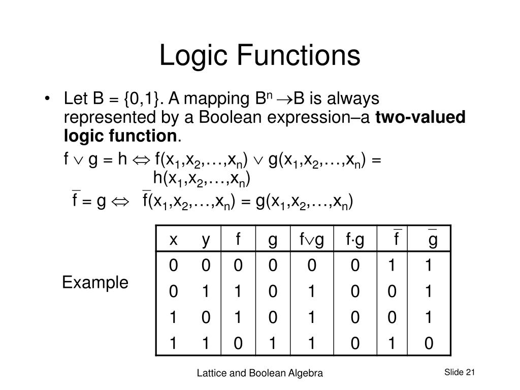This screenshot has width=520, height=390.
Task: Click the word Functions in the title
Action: (297, 56)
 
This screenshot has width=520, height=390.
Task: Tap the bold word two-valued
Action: (421, 117)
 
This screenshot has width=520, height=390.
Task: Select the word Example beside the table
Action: (95, 282)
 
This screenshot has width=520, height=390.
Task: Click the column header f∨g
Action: (311, 240)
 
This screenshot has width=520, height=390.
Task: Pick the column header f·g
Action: (355, 240)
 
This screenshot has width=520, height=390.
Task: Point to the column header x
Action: (174, 240)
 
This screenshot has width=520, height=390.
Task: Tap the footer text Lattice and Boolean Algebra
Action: (260, 373)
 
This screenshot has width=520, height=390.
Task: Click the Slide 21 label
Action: (459, 372)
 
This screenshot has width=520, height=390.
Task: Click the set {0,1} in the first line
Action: (145, 98)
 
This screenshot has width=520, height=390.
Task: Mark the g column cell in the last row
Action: (273, 344)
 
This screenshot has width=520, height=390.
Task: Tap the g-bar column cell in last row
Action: (429, 344)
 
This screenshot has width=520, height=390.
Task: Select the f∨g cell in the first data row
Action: (312, 265)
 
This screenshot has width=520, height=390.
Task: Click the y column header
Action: (205, 240)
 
